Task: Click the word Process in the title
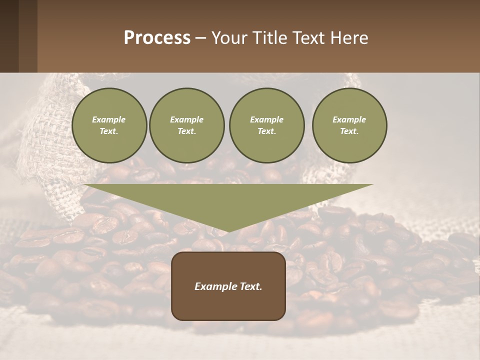click(157, 38)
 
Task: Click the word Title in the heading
click(269, 38)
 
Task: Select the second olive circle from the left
click(186, 145)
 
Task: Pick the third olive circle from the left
click(266, 145)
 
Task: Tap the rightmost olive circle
click(349, 145)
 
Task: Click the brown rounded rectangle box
click(228, 305)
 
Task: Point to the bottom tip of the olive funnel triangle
click(228, 231)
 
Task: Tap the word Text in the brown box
click(250, 286)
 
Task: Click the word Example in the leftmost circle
click(109, 119)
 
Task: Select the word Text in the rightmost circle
click(348, 131)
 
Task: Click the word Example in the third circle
click(266, 119)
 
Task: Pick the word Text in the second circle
click(186, 131)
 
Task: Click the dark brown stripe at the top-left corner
click(9, 36)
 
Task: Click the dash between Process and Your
click(200, 38)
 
